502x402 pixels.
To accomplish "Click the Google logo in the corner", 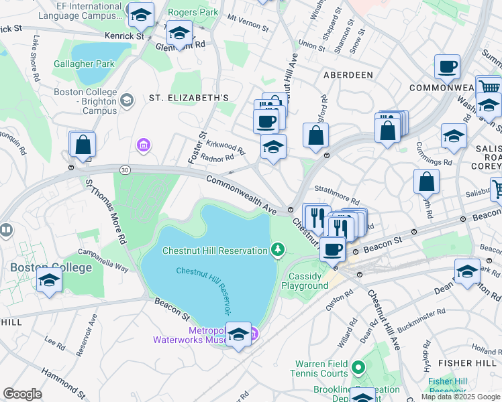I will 22,394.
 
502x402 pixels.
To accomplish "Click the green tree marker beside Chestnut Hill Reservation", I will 277,251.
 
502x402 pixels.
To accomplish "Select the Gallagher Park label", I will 85,64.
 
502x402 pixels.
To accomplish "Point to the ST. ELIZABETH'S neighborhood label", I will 189,97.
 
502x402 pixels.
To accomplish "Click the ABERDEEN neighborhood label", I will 348,75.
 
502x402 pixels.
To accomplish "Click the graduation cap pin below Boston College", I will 50,281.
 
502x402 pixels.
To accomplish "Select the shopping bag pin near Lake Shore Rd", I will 83,145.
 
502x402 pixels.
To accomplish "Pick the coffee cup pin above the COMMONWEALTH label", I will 447,67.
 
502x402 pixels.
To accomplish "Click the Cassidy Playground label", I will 308,281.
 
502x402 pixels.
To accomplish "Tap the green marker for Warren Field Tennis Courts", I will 358,367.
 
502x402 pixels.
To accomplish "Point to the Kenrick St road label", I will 124,36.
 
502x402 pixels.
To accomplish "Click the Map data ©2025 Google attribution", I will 460,397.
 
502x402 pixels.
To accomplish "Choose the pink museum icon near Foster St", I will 142,145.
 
